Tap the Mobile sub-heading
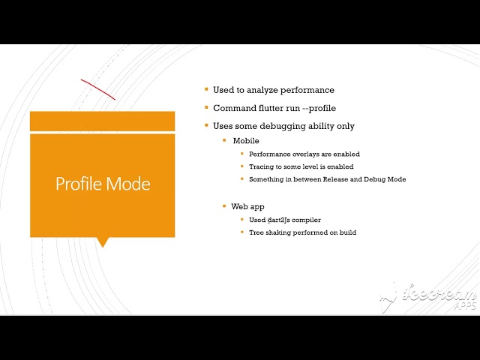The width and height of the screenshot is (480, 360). point(245,140)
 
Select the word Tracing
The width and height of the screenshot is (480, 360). point(262,166)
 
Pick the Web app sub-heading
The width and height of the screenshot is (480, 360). point(247,205)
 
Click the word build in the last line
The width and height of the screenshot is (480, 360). point(347,232)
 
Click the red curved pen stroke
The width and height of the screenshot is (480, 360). point(97,88)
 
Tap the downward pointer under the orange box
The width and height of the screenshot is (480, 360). point(103,241)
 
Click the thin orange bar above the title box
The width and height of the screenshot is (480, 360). point(102,121)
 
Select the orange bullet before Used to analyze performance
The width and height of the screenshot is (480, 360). point(207,89)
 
